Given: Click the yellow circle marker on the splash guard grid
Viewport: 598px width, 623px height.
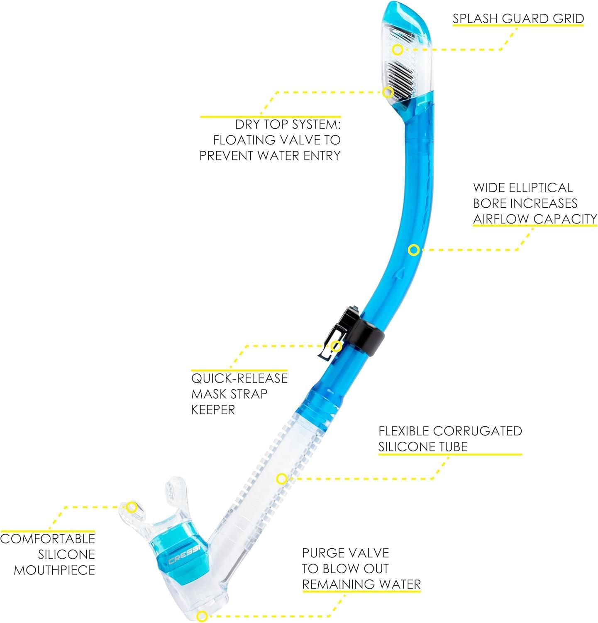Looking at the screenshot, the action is tap(398, 49).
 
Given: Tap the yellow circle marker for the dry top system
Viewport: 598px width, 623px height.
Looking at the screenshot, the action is tap(388, 92).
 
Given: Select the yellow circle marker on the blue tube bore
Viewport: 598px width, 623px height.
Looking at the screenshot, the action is tap(413, 250).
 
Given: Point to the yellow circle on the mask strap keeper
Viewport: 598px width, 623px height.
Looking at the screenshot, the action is tap(337, 346).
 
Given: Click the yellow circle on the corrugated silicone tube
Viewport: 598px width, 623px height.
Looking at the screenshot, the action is tap(282, 479).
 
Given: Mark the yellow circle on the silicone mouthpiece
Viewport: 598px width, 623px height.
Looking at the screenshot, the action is tap(132, 507).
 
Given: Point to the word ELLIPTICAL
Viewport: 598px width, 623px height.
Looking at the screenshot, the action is tap(545, 187).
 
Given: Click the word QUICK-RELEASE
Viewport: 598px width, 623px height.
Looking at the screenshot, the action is tap(239, 378).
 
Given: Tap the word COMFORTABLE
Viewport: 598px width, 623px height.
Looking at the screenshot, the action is tap(48, 539).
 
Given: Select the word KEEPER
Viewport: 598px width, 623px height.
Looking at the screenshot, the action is tap(213, 410).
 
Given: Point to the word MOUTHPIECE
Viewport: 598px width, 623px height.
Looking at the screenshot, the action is tap(54, 570).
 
